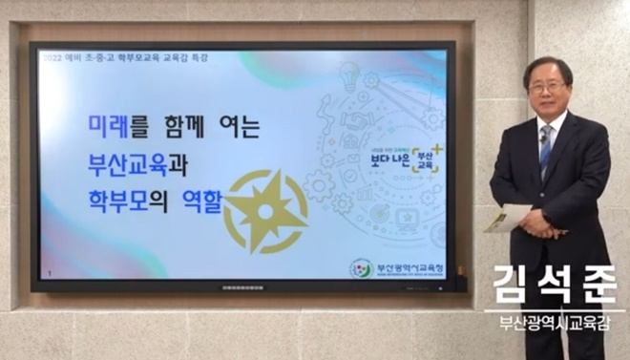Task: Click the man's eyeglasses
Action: [x=547, y=86]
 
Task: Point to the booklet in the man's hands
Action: [x=507, y=220]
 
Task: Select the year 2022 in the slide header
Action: [x=52, y=56]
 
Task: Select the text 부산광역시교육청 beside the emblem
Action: [x=405, y=266]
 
